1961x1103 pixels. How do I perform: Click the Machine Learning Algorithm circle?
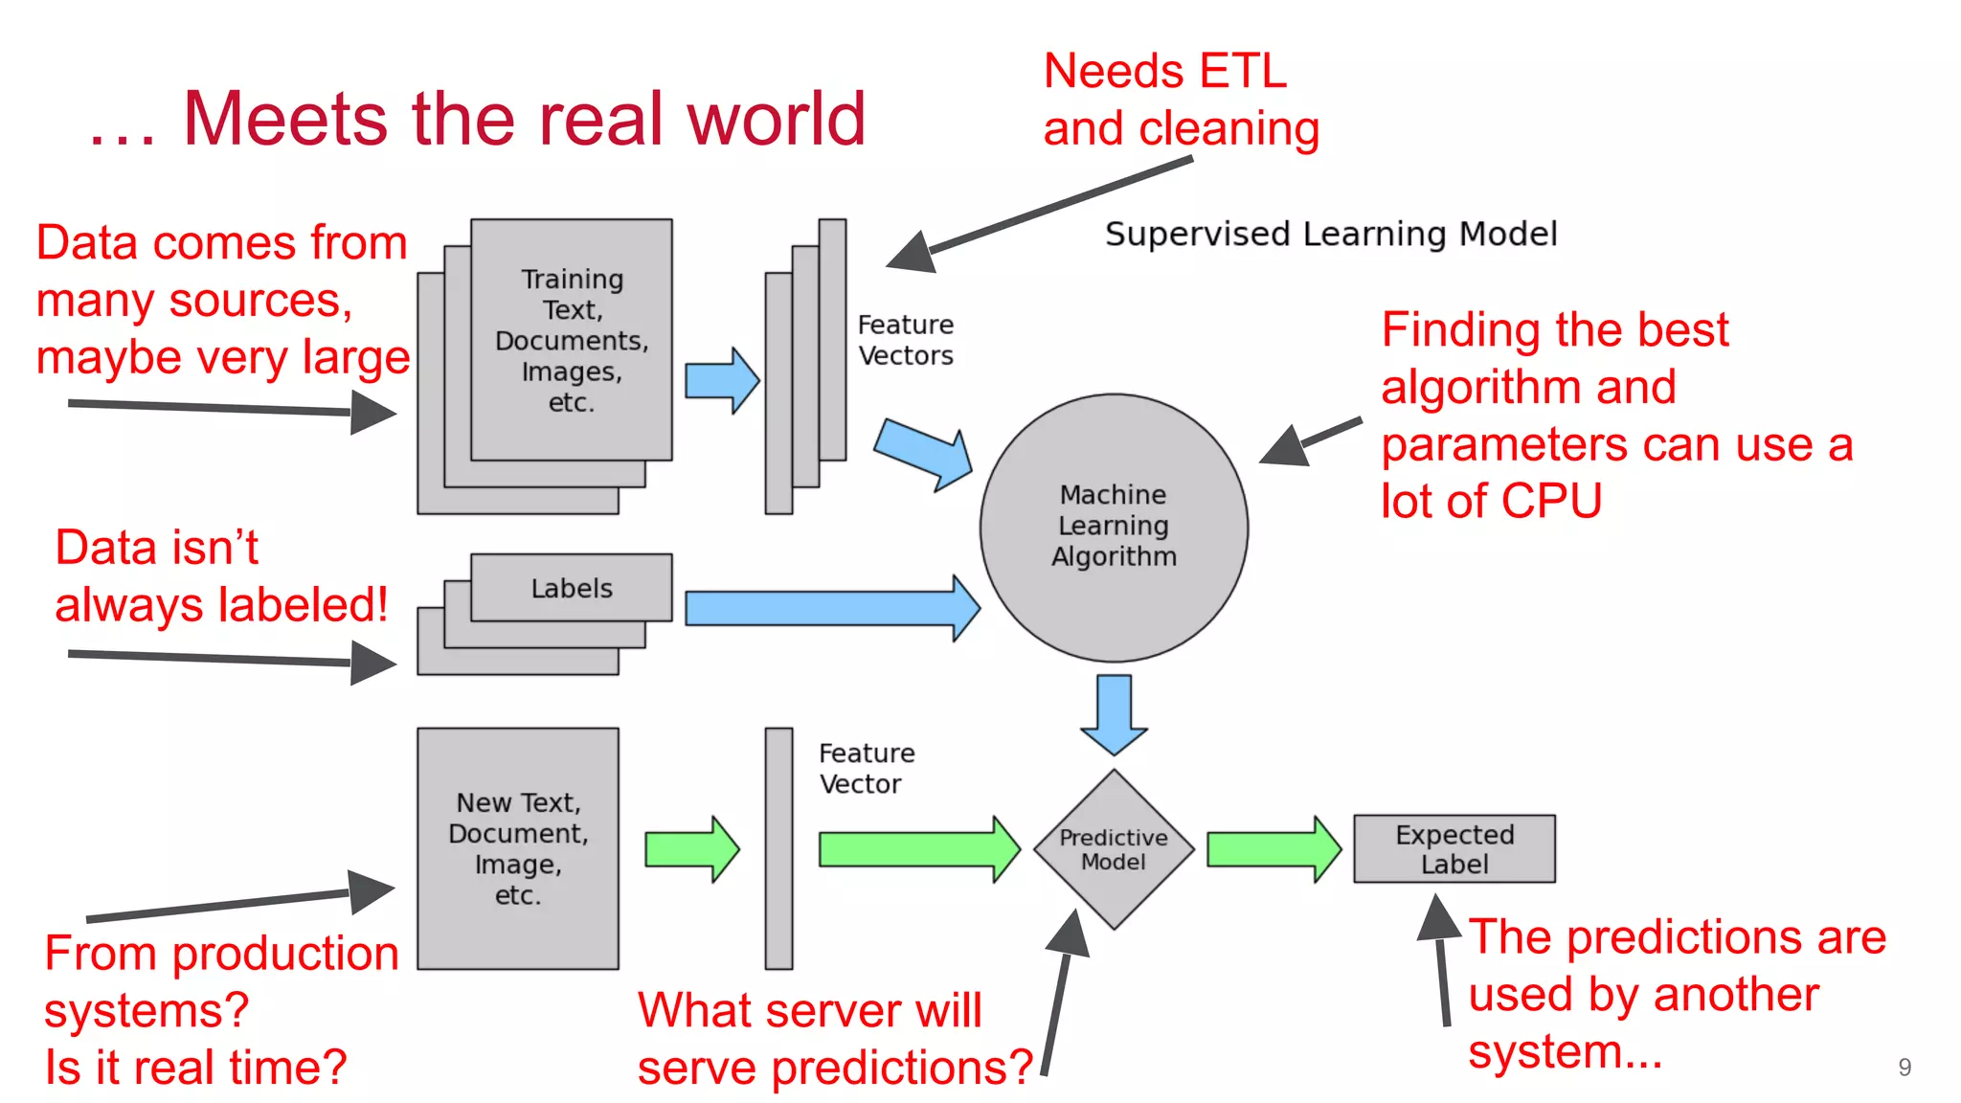point(1114,527)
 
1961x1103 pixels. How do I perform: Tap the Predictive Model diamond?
point(1114,849)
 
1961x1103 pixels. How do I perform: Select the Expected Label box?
point(1454,848)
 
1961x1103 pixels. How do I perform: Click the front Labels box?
point(572,588)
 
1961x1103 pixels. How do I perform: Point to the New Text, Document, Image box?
point(518,848)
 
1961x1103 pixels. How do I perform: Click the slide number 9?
point(1904,1068)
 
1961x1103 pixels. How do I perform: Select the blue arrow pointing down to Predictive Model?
point(1114,714)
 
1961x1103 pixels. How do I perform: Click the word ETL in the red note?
point(1242,72)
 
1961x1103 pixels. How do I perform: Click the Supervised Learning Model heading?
point(1331,234)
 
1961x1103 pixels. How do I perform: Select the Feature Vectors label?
point(905,340)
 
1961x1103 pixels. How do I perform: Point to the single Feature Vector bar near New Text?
point(778,848)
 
